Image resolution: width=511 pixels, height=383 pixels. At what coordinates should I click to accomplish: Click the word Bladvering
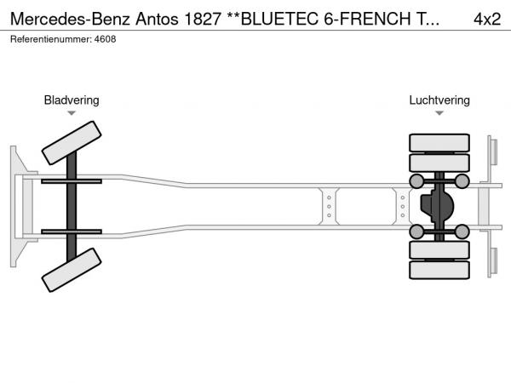pos(72,100)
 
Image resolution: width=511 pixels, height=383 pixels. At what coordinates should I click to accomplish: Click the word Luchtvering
pos(439,100)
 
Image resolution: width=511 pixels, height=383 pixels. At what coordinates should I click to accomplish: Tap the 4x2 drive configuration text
pos(487,19)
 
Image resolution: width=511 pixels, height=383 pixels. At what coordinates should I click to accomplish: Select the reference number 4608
pos(105,39)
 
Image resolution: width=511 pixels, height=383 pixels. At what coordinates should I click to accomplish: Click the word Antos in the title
pos(157,19)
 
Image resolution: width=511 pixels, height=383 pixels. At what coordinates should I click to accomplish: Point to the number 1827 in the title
pos(203,19)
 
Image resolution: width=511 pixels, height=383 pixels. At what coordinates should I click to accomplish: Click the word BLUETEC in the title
pos(280,19)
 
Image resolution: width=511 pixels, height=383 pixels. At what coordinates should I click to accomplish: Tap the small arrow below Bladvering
pos(72,113)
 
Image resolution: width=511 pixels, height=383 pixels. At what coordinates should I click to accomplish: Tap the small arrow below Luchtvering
pos(439,113)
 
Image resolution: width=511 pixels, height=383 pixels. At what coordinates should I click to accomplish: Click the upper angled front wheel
pos(72,143)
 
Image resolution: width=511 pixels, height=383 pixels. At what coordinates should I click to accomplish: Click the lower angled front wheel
pos(72,270)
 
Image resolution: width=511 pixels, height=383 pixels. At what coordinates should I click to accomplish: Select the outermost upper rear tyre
pos(439,143)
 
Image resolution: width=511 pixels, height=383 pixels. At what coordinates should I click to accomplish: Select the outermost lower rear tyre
pos(439,270)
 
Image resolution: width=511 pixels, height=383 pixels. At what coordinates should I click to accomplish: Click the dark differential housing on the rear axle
pos(437,206)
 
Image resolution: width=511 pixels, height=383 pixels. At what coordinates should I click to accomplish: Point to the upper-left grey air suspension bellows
pos(416,181)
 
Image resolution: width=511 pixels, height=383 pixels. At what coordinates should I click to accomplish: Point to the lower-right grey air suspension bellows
pos(462,232)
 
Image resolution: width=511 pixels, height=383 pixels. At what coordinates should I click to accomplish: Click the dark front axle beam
pos(72,207)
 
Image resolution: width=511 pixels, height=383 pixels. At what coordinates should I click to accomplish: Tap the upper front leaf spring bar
pos(72,181)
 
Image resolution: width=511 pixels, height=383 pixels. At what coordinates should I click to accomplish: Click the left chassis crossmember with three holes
pos(329,207)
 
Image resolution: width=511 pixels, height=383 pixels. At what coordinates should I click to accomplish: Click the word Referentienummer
pos(51,39)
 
